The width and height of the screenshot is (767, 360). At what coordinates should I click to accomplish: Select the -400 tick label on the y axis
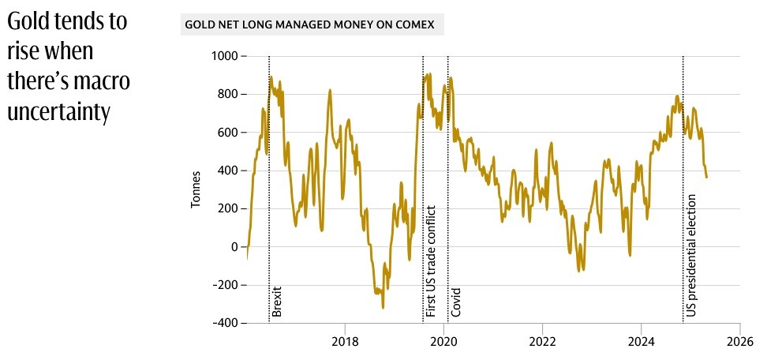(x=224, y=323)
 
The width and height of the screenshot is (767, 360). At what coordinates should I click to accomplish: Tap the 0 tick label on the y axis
(x=234, y=247)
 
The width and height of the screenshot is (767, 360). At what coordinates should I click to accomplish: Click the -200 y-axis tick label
(x=224, y=285)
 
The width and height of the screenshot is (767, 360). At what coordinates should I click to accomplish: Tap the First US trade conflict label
(x=431, y=261)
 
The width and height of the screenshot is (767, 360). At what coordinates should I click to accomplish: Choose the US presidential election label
(x=691, y=256)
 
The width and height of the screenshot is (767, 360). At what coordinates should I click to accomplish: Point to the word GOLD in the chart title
(x=198, y=24)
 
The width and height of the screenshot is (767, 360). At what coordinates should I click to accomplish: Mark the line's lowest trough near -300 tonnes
(x=383, y=307)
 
